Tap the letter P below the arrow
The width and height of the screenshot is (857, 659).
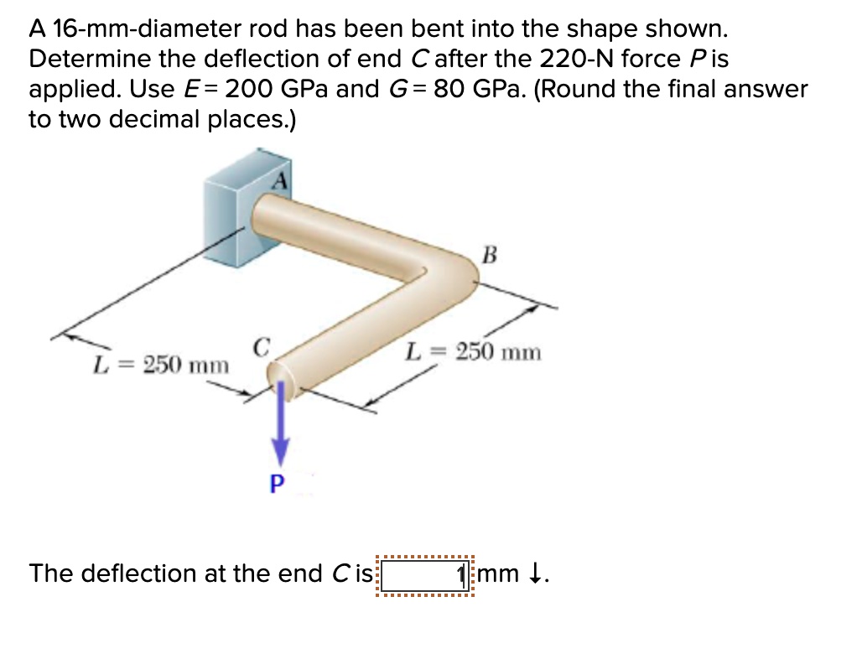(278, 484)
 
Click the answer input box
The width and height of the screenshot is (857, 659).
(425, 575)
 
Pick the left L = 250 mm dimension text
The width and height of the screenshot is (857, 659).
(160, 366)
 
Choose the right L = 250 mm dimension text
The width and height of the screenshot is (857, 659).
(474, 352)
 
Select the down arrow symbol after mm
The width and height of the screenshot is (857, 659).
(537, 574)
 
